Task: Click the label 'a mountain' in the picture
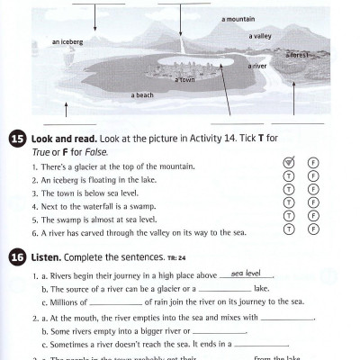(238, 18)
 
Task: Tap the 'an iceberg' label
(67, 41)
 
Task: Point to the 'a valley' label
(260, 36)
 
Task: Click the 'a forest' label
(298, 54)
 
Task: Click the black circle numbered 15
(17, 139)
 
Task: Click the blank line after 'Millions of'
(105, 302)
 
